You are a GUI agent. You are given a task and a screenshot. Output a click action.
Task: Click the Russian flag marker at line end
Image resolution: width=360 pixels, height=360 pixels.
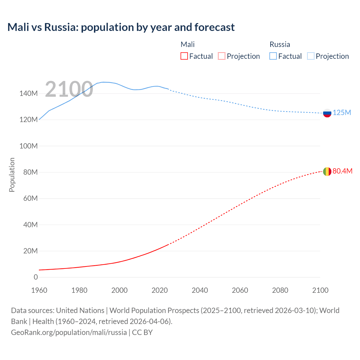point(327,113)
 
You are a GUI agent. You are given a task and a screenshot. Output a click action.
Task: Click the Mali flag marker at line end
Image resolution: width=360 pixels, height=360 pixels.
point(327,171)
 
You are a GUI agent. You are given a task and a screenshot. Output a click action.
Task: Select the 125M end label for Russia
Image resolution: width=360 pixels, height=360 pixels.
point(342,112)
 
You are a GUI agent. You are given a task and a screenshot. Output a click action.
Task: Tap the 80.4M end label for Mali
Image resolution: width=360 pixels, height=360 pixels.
point(342,171)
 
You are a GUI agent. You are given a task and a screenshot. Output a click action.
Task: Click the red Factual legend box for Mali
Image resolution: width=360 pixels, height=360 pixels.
point(184,56)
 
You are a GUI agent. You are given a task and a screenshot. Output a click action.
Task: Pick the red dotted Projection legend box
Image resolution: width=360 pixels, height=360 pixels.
point(222,56)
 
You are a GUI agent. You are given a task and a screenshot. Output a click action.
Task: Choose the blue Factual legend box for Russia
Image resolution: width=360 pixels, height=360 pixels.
point(273,56)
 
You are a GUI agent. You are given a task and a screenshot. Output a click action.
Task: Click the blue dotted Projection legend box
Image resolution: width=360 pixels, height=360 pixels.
point(310,56)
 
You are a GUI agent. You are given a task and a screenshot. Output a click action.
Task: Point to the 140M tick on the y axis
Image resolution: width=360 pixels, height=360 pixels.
point(28,93)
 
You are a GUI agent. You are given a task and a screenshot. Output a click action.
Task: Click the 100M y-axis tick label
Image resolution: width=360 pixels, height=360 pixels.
point(28,146)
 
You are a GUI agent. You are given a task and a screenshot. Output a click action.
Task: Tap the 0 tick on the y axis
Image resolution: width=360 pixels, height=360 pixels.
point(36,277)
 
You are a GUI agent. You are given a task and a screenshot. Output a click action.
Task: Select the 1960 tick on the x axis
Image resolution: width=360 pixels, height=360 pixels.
point(39,290)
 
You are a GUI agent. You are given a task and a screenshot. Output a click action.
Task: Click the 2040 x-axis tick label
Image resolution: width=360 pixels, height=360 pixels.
point(200,290)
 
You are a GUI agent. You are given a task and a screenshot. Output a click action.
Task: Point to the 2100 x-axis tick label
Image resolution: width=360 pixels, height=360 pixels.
point(320,290)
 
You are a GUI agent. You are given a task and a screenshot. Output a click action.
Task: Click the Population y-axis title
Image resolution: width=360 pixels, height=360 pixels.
point(12,175)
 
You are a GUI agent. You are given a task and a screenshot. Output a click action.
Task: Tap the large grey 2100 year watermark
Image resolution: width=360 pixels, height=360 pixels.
point(69,89)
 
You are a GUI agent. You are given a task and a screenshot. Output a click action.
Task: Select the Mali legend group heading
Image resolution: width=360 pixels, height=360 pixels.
point(188,44)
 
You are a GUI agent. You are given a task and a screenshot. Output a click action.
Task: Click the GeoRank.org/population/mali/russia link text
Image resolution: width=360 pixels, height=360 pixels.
point(69,332)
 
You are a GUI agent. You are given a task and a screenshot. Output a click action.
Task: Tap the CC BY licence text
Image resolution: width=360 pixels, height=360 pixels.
point(142,332)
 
